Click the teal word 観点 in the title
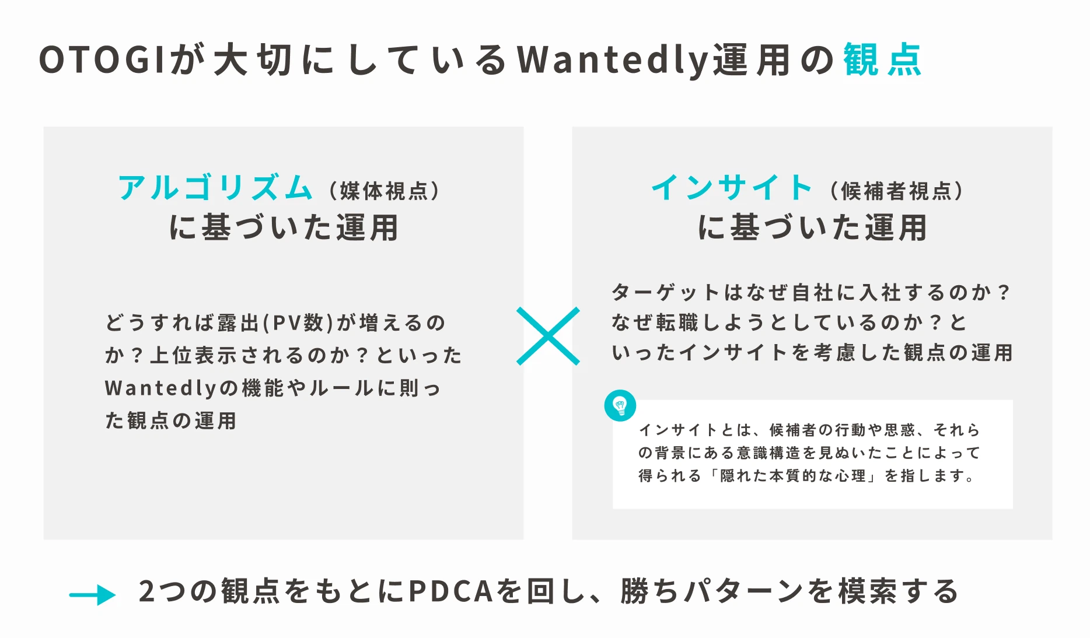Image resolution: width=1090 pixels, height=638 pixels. tap(882, 59)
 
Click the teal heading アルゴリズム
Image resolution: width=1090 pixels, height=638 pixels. tap(215, 188)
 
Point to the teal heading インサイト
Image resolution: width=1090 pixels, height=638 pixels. tap(732, 188)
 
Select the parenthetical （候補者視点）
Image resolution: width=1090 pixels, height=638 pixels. tap(896, 191)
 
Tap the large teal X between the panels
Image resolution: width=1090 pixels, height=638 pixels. tap(548, 336)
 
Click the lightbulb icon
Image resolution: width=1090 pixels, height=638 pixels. tap(620, 405)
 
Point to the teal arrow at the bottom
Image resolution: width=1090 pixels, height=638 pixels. tap(92, 595)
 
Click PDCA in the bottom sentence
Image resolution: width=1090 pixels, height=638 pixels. tap(451, 591)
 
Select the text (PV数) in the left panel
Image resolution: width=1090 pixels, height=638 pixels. tap(298, 322)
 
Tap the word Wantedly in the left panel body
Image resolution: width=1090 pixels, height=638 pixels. tap(160, 388)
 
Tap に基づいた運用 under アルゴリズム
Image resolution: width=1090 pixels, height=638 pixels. tap(284, 227)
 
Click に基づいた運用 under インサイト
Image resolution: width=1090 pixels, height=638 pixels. tap(812, 227)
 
